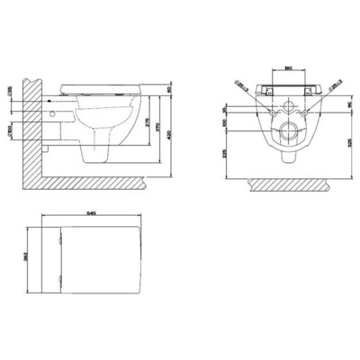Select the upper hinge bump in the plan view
tap(59, 236)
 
